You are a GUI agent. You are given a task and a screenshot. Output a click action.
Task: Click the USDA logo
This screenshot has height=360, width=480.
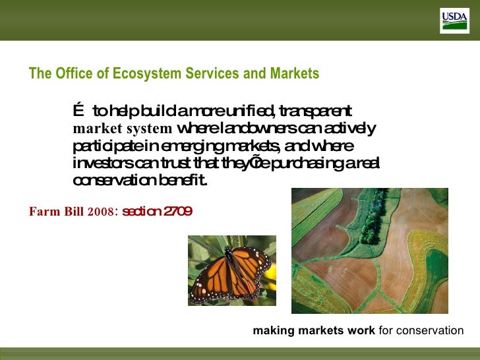454,21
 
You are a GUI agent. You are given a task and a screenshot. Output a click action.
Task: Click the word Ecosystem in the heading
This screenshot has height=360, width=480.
140,74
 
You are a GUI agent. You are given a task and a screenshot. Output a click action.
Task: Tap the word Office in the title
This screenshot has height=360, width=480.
69,74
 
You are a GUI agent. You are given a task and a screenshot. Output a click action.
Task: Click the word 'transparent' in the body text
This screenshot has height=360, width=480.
318,111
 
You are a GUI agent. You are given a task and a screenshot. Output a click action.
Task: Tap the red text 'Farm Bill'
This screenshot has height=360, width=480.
56,212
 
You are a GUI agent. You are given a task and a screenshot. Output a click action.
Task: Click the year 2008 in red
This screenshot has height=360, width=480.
102,212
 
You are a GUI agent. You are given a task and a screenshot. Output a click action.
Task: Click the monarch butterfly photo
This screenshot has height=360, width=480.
232,270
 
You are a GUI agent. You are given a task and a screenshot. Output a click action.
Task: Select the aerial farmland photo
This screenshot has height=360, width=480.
369,251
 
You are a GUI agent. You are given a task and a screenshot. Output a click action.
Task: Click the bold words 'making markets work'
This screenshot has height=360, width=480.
314,330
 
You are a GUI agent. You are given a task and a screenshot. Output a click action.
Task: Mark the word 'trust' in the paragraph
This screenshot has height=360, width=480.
198,162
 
